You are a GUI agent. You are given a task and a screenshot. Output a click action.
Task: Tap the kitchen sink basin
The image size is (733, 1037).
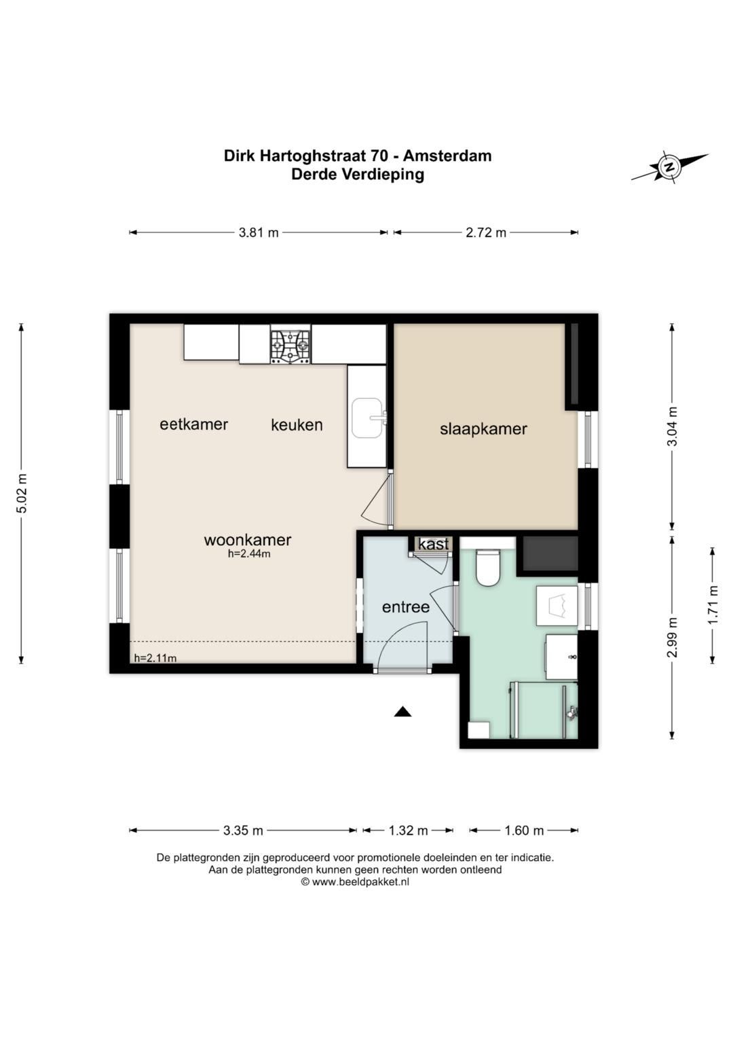coord(368,418)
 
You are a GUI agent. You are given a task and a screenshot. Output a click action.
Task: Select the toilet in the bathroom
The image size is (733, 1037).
coord(487,568)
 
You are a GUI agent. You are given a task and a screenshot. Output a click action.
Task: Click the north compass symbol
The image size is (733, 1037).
coord(669,166)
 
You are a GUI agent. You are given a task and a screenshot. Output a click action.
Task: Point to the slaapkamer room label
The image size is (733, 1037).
coord(483,429)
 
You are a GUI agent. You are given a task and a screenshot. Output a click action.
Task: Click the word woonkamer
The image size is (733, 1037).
coord(248,540)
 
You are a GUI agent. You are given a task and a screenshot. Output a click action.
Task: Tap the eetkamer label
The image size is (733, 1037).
coord(194,424)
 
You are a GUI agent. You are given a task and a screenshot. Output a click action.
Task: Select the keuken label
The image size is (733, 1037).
coord(297,425)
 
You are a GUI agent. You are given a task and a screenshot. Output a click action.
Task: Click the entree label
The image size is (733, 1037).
coord(406,607)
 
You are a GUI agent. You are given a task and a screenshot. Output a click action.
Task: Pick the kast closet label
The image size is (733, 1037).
coord(434,545)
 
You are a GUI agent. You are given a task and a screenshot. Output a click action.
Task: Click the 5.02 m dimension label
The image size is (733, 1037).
coord(21,494)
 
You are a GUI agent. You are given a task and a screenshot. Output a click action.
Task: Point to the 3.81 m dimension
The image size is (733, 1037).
coord(259,232)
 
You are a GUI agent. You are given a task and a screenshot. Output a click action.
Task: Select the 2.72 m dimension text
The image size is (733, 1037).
coord(486,232)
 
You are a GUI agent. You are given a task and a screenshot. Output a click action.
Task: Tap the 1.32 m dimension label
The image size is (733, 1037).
coord(408,831)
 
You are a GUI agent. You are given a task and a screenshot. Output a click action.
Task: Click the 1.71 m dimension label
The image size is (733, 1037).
coord(713,605)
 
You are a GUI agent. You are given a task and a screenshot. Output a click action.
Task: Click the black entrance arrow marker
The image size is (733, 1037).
coord(402,712)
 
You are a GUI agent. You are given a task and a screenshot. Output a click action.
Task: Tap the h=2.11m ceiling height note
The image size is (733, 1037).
coord(155,658)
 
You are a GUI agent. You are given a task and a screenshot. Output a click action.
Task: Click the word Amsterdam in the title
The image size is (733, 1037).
coord(447,156)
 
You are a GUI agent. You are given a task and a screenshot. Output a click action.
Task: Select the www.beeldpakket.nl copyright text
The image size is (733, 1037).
coord(356,882)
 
